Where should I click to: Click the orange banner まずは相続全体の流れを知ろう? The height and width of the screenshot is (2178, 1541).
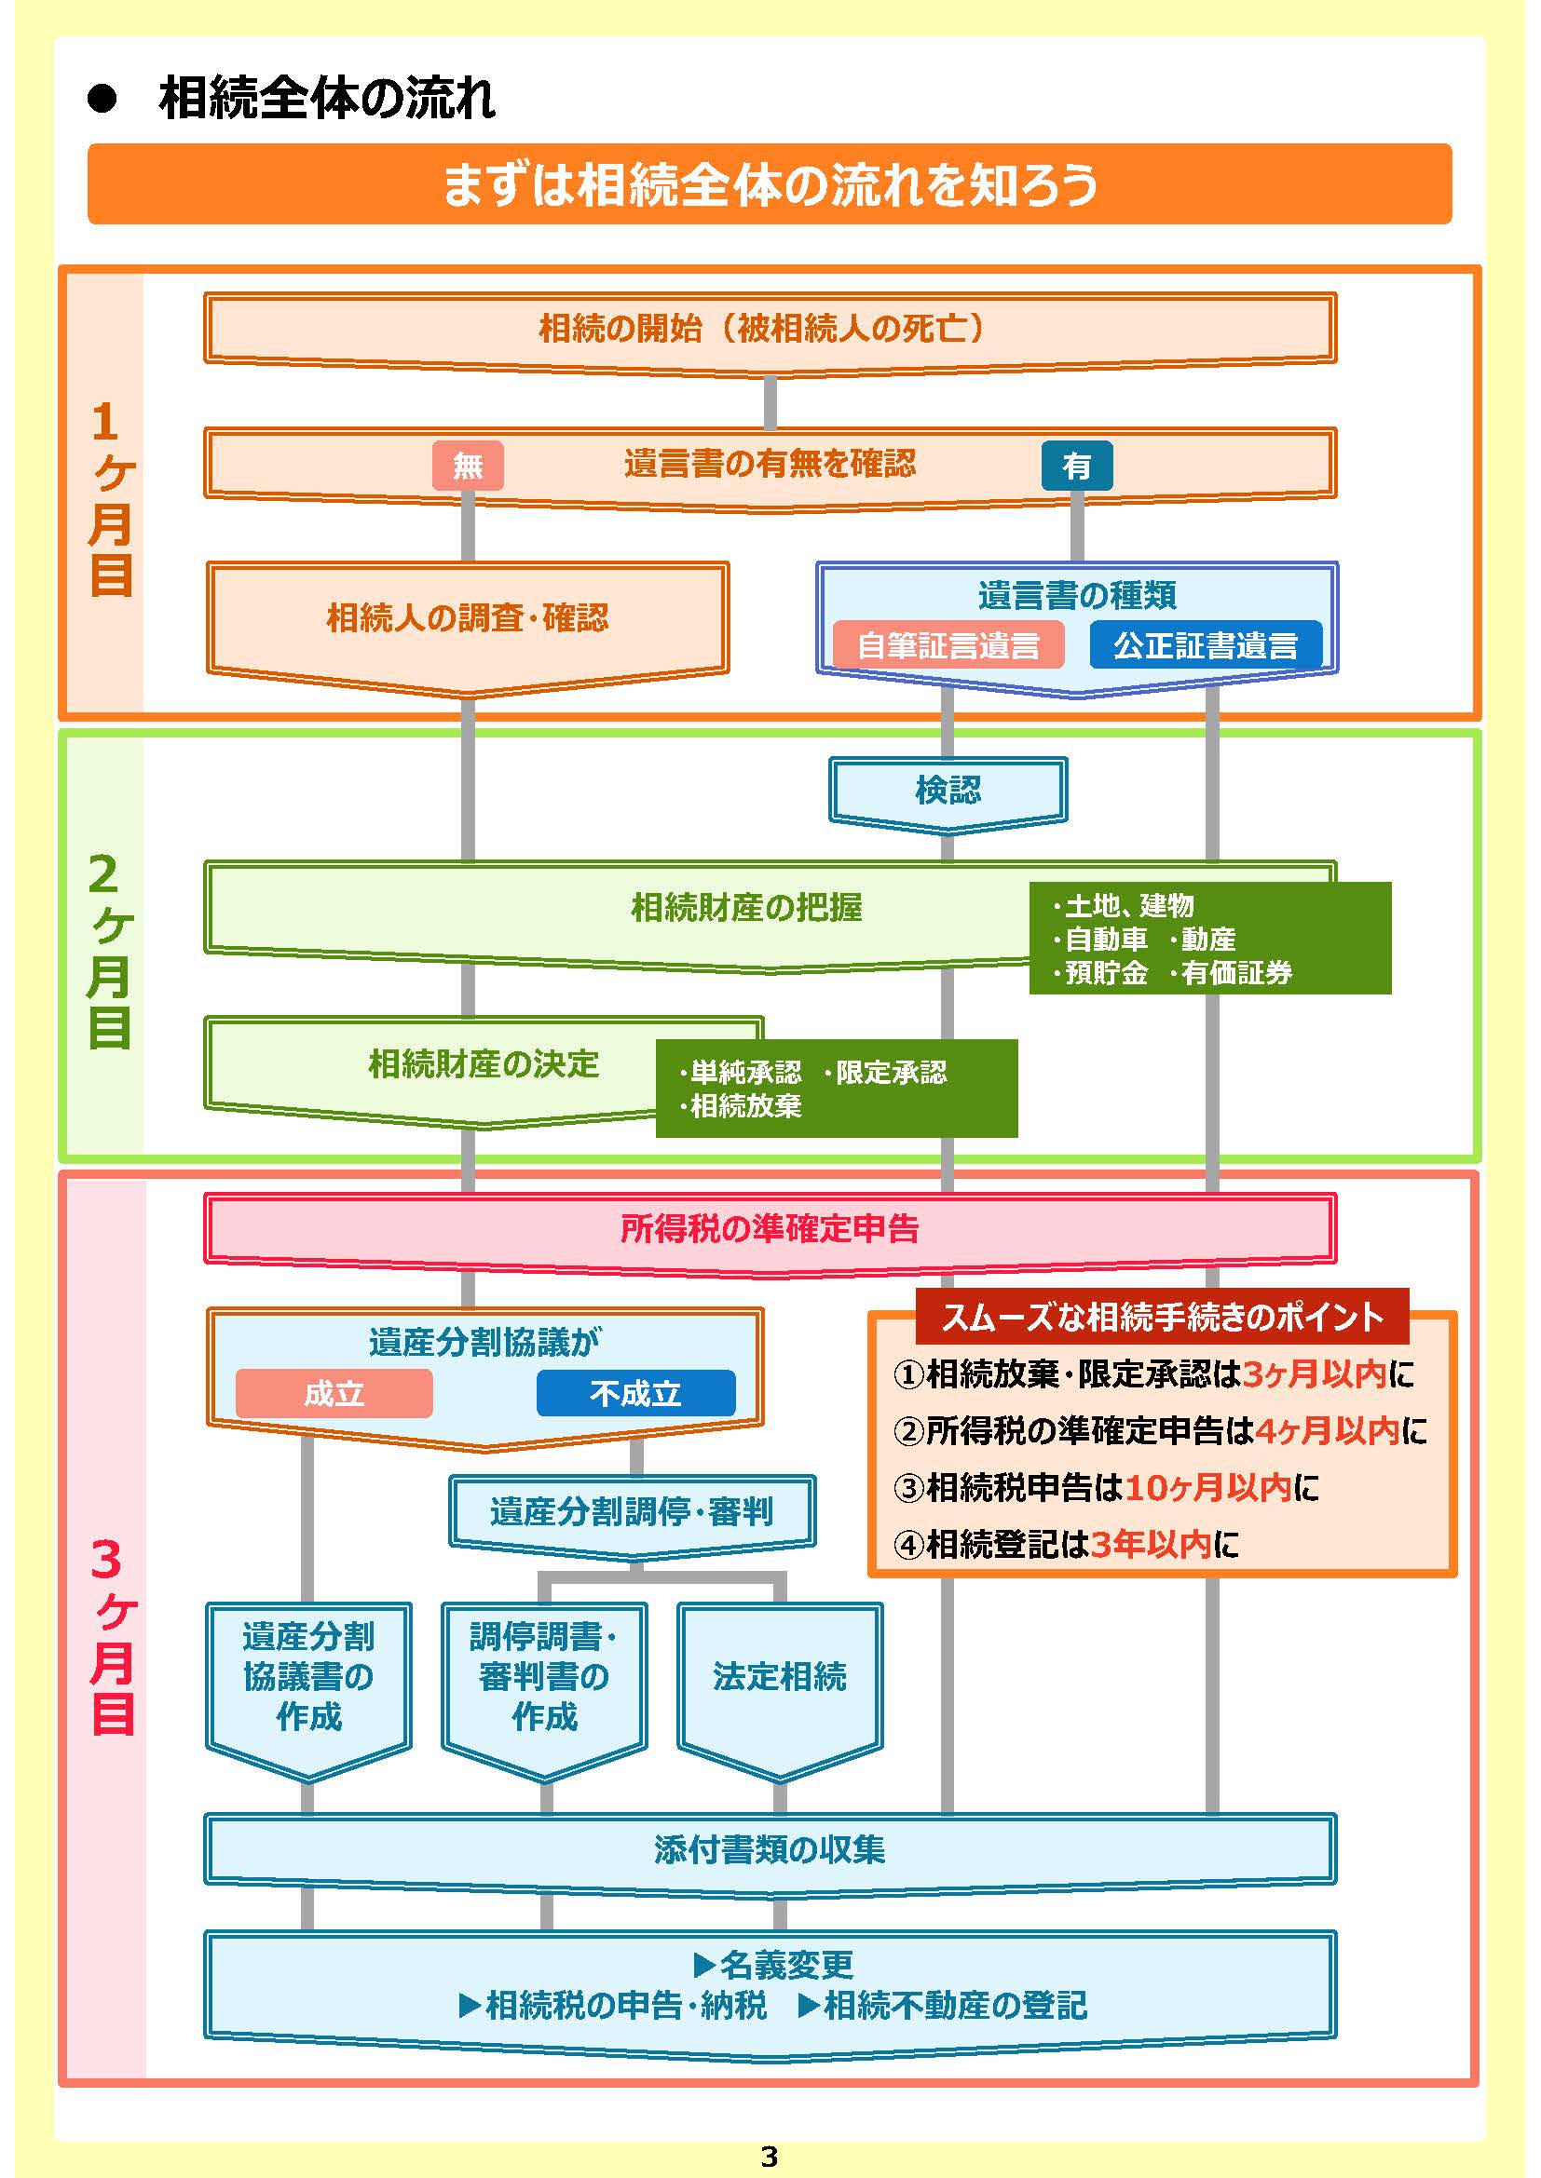point(770,184)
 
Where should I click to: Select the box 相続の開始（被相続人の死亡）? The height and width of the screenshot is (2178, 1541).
point(770,328)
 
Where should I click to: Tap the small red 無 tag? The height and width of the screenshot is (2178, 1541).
point(468,466)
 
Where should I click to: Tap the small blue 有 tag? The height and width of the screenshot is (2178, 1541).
point(1076,466)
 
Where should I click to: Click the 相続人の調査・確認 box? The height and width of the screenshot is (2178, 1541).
point(467,618)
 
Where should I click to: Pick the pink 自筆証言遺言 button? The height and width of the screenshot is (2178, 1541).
point(948,646)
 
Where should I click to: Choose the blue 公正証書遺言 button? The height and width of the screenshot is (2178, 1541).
point(1205,646)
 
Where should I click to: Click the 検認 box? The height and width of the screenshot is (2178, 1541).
point(948,790)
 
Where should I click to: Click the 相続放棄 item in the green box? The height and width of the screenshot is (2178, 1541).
point(746,1106)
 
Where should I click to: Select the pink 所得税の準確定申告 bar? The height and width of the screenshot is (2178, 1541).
point(770,1228)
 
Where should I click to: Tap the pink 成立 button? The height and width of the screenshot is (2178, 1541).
point(334,1394)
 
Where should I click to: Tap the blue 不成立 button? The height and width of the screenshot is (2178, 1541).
point(635,1394)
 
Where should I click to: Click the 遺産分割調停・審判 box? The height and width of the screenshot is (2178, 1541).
point(631,1512)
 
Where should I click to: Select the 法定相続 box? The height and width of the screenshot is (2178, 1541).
point(779,1676)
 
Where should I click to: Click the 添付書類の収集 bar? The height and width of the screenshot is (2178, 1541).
point(770,1849)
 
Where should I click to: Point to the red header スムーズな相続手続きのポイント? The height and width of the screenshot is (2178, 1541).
point(1163,1317)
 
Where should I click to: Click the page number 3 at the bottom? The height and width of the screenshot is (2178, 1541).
point(770,2158)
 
